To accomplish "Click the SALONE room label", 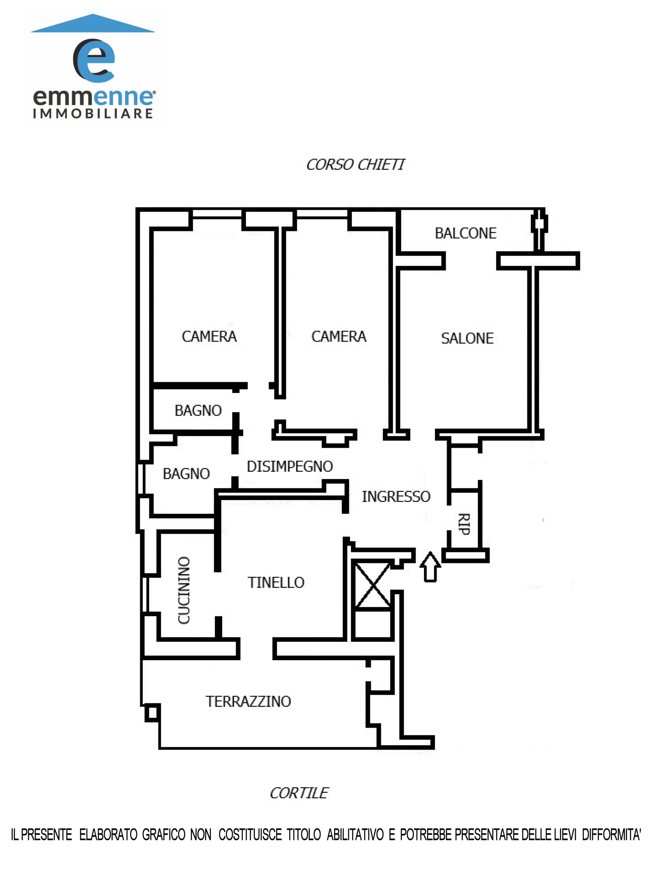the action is tap(467, 338).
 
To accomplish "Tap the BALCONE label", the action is tap(466, 233).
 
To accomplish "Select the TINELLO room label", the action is tap(276, 583).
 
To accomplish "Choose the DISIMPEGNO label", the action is tap(290, 466).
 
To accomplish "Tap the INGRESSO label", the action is tap(396, 497).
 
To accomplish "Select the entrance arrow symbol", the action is tap(430, 566).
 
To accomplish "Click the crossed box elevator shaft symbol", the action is tap(372, 585).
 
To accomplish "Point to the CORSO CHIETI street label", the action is tap(355, 165).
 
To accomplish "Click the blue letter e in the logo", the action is tap(94, 61).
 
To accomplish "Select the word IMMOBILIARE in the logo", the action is tap(93, 113).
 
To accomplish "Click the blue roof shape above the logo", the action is tap(93, 23).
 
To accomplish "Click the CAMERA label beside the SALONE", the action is tap(339, 337).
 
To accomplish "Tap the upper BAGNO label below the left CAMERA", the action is tap(198, 410).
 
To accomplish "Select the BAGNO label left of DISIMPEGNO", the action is tap(186, 474).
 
